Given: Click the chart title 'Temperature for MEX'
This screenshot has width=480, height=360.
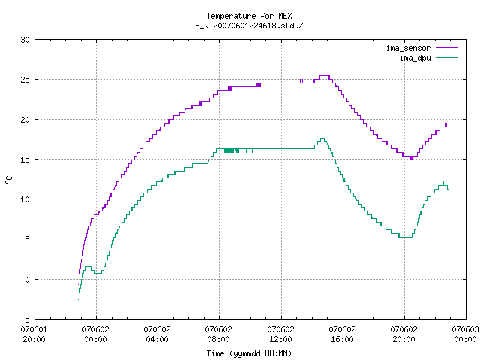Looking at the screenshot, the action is click(249, 16).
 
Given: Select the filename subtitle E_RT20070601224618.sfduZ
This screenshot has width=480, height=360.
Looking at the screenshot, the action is click(249, 25).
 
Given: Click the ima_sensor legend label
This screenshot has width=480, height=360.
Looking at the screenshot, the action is click(408, 48).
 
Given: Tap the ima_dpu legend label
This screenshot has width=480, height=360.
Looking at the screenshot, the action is click(415, 58).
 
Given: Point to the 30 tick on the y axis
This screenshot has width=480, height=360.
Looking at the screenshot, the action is click(25, 40).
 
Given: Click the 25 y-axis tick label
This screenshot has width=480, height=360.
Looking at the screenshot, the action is click(25, 79).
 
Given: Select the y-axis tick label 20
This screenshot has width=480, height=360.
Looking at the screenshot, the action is click(25, 120).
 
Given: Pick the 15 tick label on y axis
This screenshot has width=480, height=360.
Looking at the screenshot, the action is click(25, 160).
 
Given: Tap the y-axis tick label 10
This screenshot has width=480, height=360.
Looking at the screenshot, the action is click(25, 199).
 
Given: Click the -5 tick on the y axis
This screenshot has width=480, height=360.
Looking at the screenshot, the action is click(25, 319).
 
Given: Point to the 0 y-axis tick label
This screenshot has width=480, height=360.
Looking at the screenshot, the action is click(27, 280).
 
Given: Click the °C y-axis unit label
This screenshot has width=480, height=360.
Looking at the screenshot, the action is click(8, 180).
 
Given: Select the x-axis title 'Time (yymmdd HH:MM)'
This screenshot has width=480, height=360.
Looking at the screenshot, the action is click(249, 353).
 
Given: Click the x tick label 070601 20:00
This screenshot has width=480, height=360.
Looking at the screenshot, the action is click(34, 334).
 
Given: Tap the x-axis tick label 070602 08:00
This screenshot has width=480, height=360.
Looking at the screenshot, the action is click(218, 334).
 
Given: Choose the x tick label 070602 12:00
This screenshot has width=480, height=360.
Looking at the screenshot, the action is click(280, 334).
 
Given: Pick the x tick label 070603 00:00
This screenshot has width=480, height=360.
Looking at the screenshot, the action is click(465, 334).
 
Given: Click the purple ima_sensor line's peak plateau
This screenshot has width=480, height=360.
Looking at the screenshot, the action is click(325, 75).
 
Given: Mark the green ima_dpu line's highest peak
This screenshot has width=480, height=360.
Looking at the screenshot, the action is click(322, 138).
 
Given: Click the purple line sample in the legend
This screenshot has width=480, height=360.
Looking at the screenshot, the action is click(447, 48).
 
